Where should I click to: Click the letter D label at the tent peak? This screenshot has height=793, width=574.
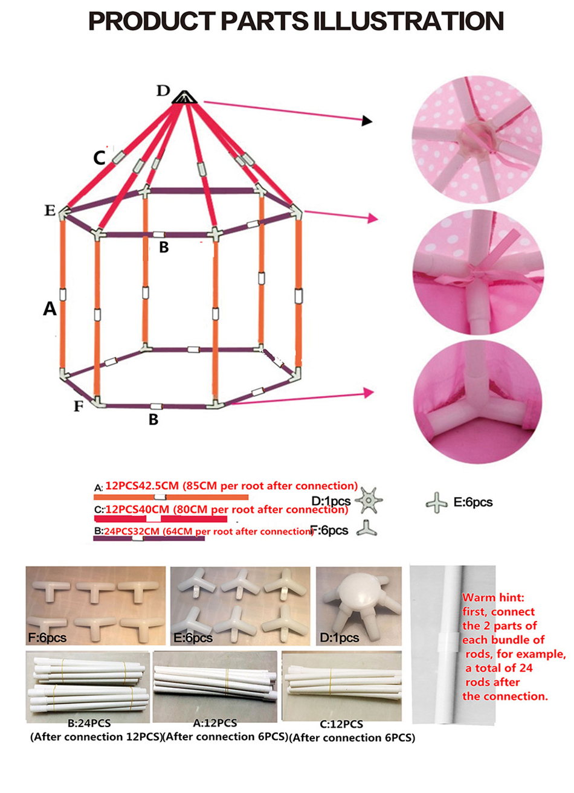point(163,91)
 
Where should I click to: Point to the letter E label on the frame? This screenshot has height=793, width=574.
point(50,211)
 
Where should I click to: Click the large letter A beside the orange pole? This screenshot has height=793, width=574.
point(50,309)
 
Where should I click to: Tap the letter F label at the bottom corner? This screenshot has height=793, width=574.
point(79,406)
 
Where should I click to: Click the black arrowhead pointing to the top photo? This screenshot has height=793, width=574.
point(367,121)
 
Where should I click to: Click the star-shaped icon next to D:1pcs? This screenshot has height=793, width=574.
point(368,501)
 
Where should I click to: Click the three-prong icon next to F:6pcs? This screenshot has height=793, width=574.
point(366,530)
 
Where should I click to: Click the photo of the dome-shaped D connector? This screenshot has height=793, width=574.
point(359,605)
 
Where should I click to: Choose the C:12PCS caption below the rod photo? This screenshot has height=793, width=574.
point(341,724)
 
